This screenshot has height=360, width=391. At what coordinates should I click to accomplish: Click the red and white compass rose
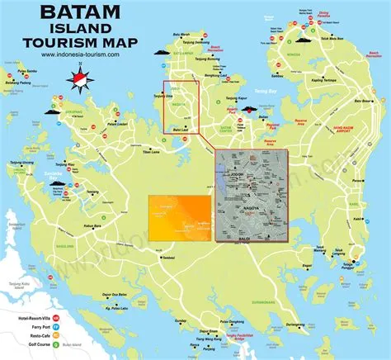click(80, 80)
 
